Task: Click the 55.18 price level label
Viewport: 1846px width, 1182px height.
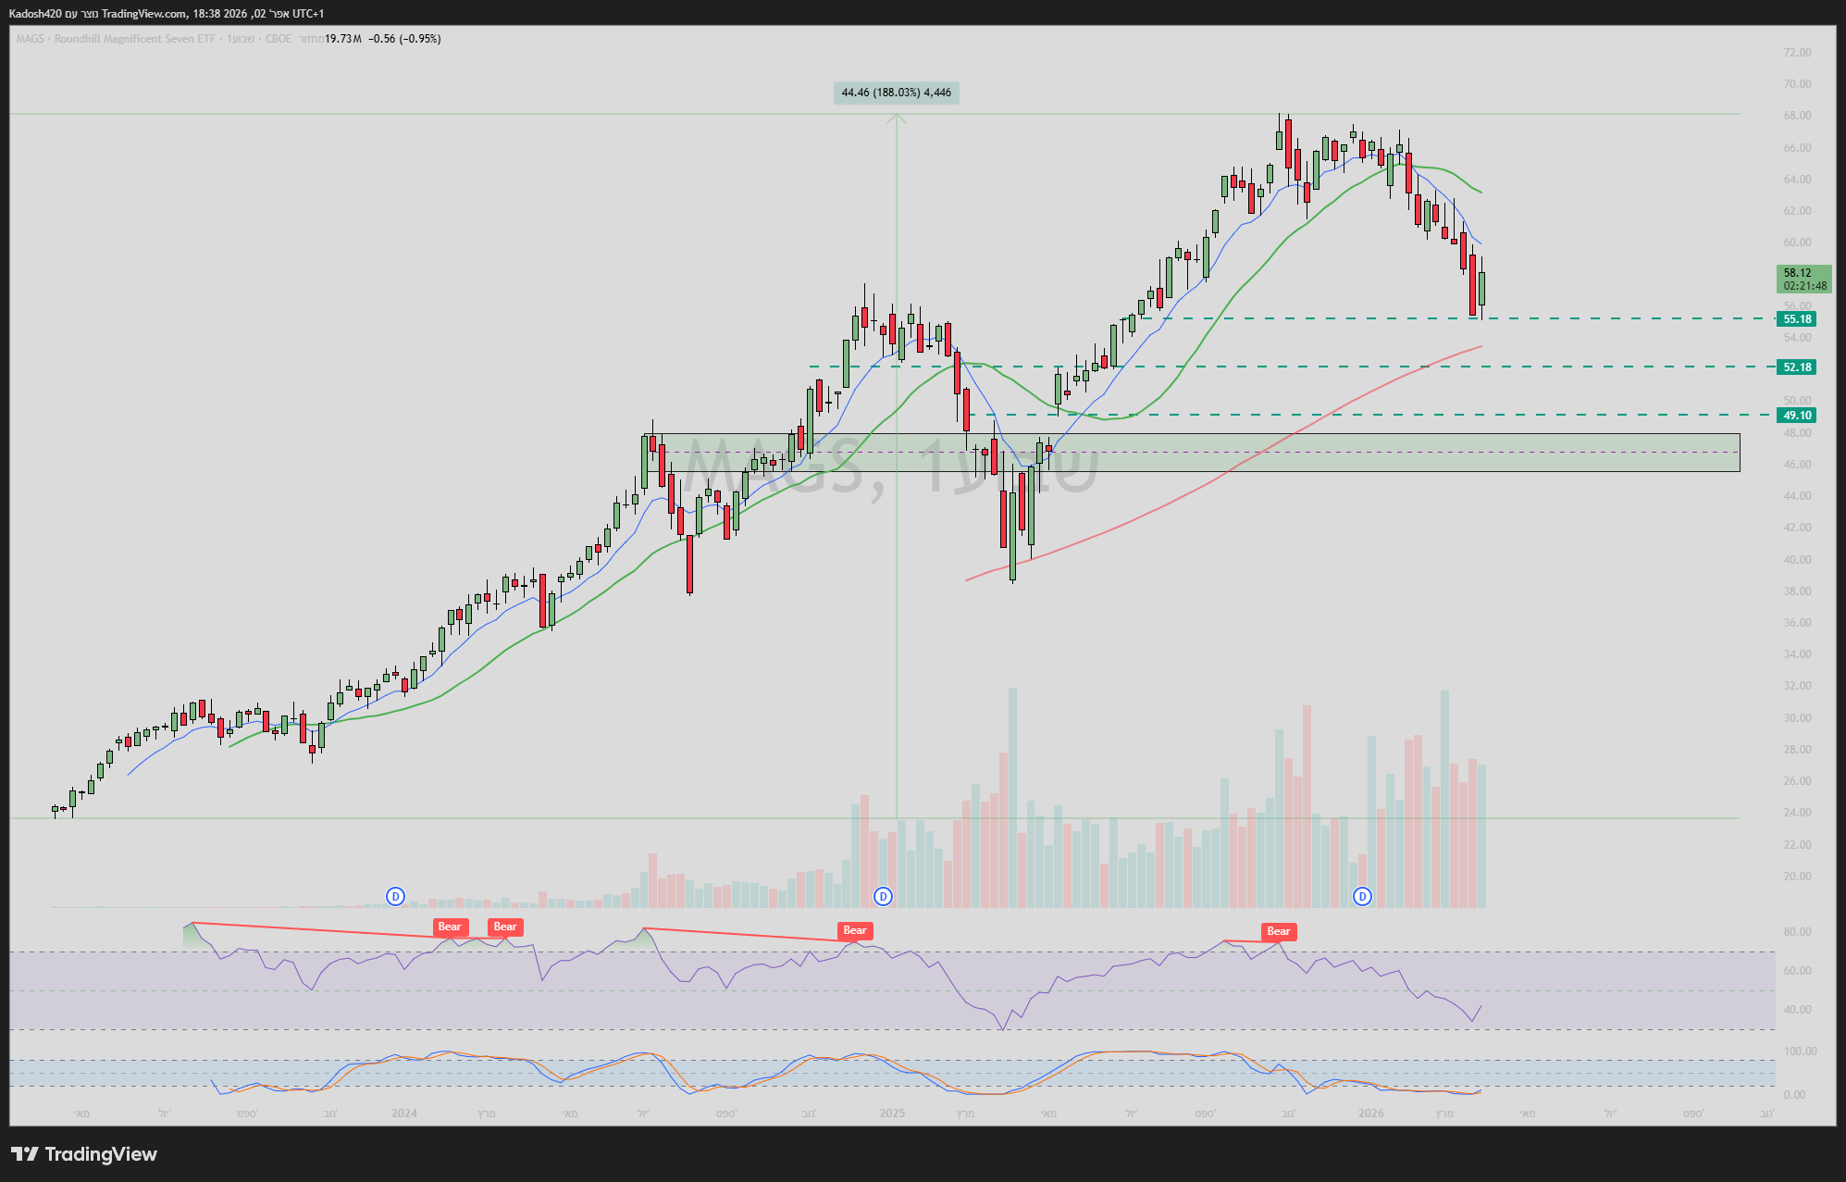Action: [x=1797, y=319]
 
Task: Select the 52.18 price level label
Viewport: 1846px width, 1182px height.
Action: [x=1797, y=367]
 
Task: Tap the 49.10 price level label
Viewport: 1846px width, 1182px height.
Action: [x=1797, y=416]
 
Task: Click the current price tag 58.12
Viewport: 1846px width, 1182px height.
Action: [x=1803, y=279]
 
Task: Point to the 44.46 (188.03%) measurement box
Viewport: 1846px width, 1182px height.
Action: [x=896, y=93]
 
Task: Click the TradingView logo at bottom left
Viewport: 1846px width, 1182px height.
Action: [x=84, y=1154]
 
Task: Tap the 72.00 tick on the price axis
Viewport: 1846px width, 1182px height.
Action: [x=1797, y=53]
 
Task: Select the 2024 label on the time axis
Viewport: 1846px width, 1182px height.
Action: [x=404, y=1113]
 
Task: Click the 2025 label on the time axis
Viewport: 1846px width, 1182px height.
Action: [x=892, y=1113]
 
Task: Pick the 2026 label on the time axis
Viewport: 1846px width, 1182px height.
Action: [x=1370, y=1113]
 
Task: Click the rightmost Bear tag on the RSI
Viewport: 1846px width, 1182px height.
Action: [x=1278, y=931]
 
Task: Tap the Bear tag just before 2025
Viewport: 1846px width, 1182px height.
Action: [x=854, y=930]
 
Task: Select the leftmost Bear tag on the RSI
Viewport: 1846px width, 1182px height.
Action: [x=450, y=927]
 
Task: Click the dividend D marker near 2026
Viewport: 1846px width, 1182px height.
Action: [x=1362, y=896]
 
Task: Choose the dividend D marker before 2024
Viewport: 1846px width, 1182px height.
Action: [x=395, y=896]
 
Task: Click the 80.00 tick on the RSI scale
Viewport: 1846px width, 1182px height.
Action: [x=1797, y=932]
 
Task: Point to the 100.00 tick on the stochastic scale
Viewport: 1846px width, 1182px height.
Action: [x=1800, y=1051]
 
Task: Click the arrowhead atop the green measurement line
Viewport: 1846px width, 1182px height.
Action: [x=896, y=118]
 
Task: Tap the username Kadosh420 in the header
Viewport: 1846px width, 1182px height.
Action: [x=36, y=14]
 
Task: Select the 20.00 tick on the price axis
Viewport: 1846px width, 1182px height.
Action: [x=1797, y=877]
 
